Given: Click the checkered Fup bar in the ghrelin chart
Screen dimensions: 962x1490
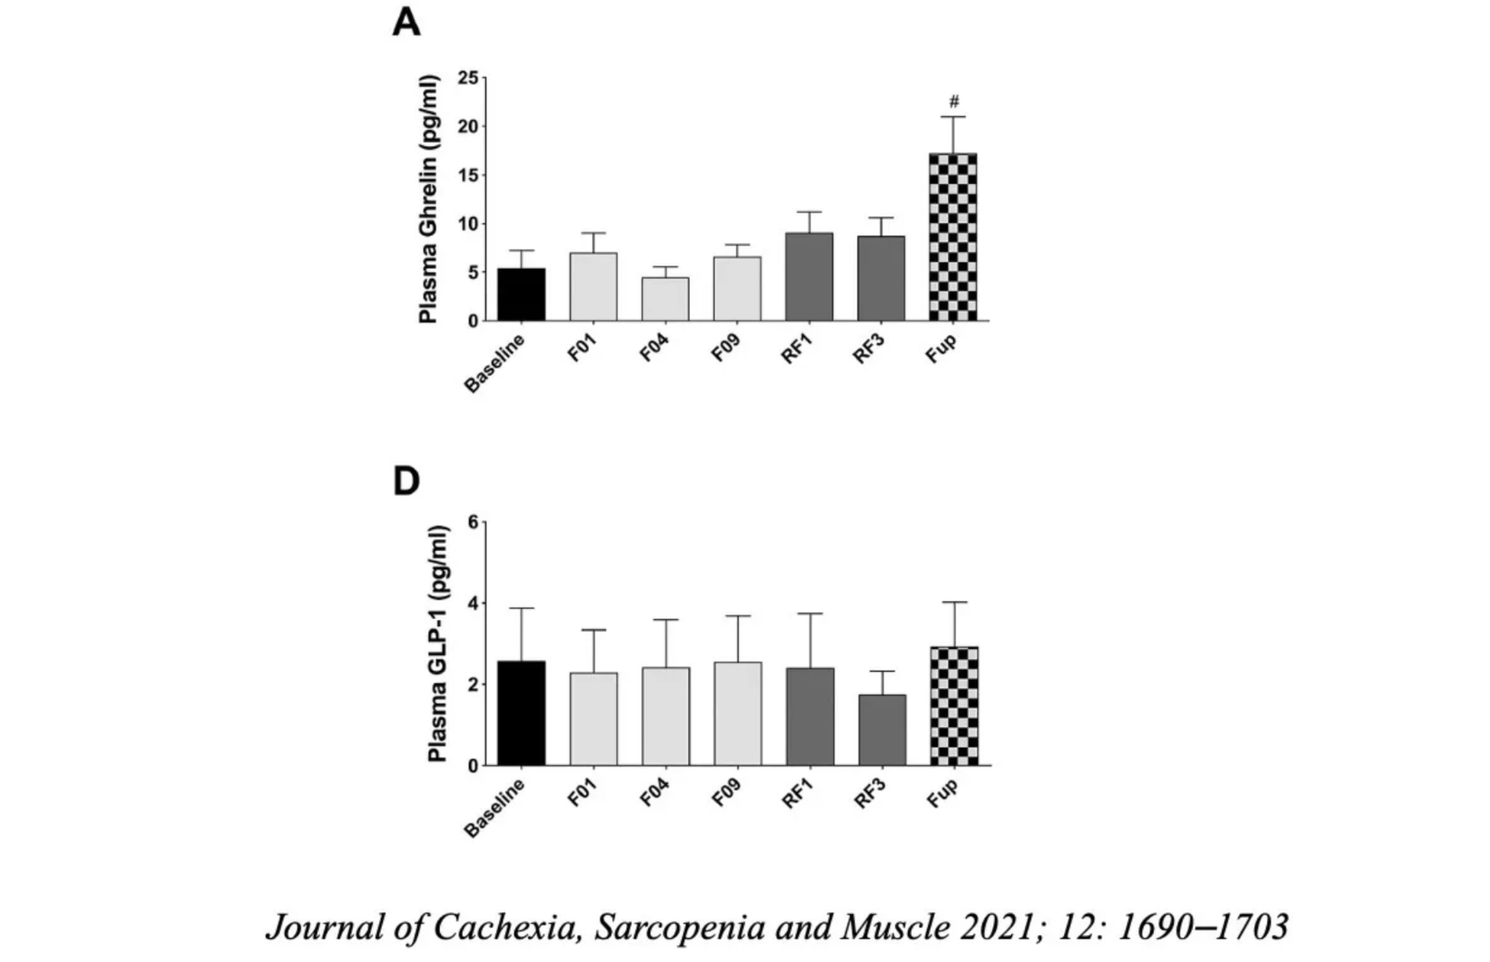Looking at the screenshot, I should coord(953,237).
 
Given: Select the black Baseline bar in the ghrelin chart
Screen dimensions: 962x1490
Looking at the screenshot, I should coord(521,295).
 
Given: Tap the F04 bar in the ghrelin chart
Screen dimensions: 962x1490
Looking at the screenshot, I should coord(665,299).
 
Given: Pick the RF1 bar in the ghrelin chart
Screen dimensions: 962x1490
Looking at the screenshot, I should coord(809,277).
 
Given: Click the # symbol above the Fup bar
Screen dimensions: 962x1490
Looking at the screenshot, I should coord(954,101).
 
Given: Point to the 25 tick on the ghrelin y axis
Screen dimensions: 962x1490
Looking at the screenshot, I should coord(468,78).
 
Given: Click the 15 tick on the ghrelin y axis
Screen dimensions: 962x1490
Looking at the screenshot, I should coord(468,175).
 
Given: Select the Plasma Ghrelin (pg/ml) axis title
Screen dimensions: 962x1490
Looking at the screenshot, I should coord(429,199).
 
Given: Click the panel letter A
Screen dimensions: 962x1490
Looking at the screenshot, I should coord(406,24).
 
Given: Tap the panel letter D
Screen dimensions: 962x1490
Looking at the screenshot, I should coord(406,481).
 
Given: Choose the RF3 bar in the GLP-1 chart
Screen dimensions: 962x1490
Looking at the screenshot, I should coord(882,730).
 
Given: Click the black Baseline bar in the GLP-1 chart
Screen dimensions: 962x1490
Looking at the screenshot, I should coord(521,713).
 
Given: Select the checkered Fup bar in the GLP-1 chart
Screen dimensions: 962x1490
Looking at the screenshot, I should coord(954,706).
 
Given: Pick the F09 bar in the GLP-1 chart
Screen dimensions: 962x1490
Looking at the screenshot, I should coord(737,714).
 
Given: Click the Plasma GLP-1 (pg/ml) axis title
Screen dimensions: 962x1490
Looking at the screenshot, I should coord(437,644).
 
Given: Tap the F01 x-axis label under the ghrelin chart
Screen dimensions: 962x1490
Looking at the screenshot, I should coord(582,348).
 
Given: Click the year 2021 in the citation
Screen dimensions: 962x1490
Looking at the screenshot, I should coord(999,927).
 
